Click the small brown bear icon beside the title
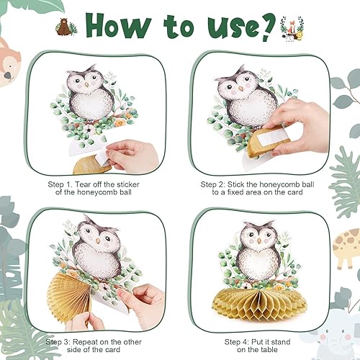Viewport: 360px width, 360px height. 64,27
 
